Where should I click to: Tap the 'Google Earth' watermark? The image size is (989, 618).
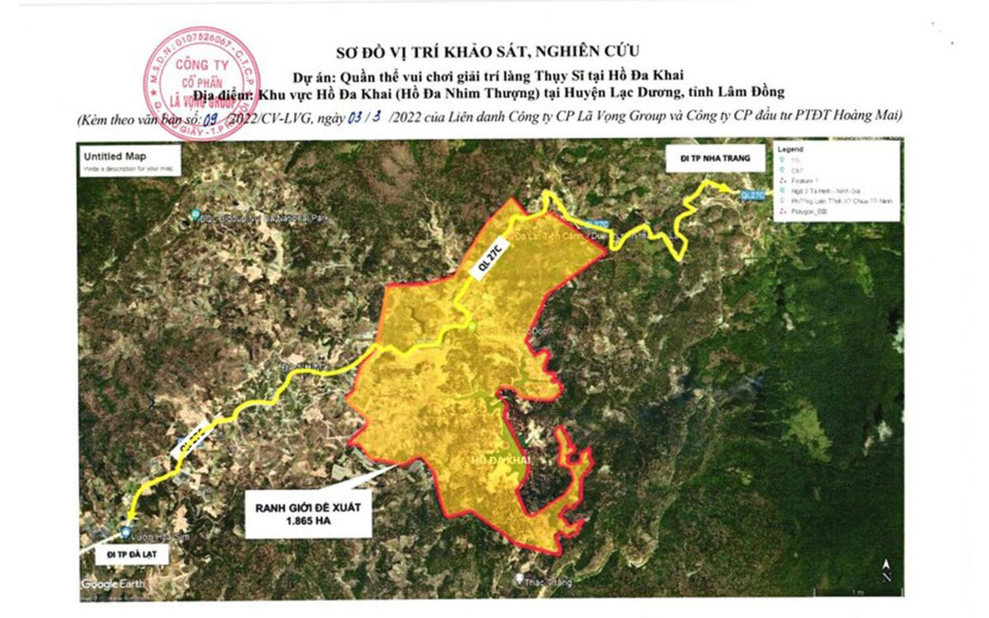[114, 584]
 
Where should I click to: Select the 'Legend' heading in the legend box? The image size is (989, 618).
[790, 149]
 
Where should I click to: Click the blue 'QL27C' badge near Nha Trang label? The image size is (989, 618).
[752, 195]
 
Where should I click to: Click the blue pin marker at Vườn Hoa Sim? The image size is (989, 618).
[125, 532]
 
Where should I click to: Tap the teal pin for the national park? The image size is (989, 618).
[195, 215]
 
